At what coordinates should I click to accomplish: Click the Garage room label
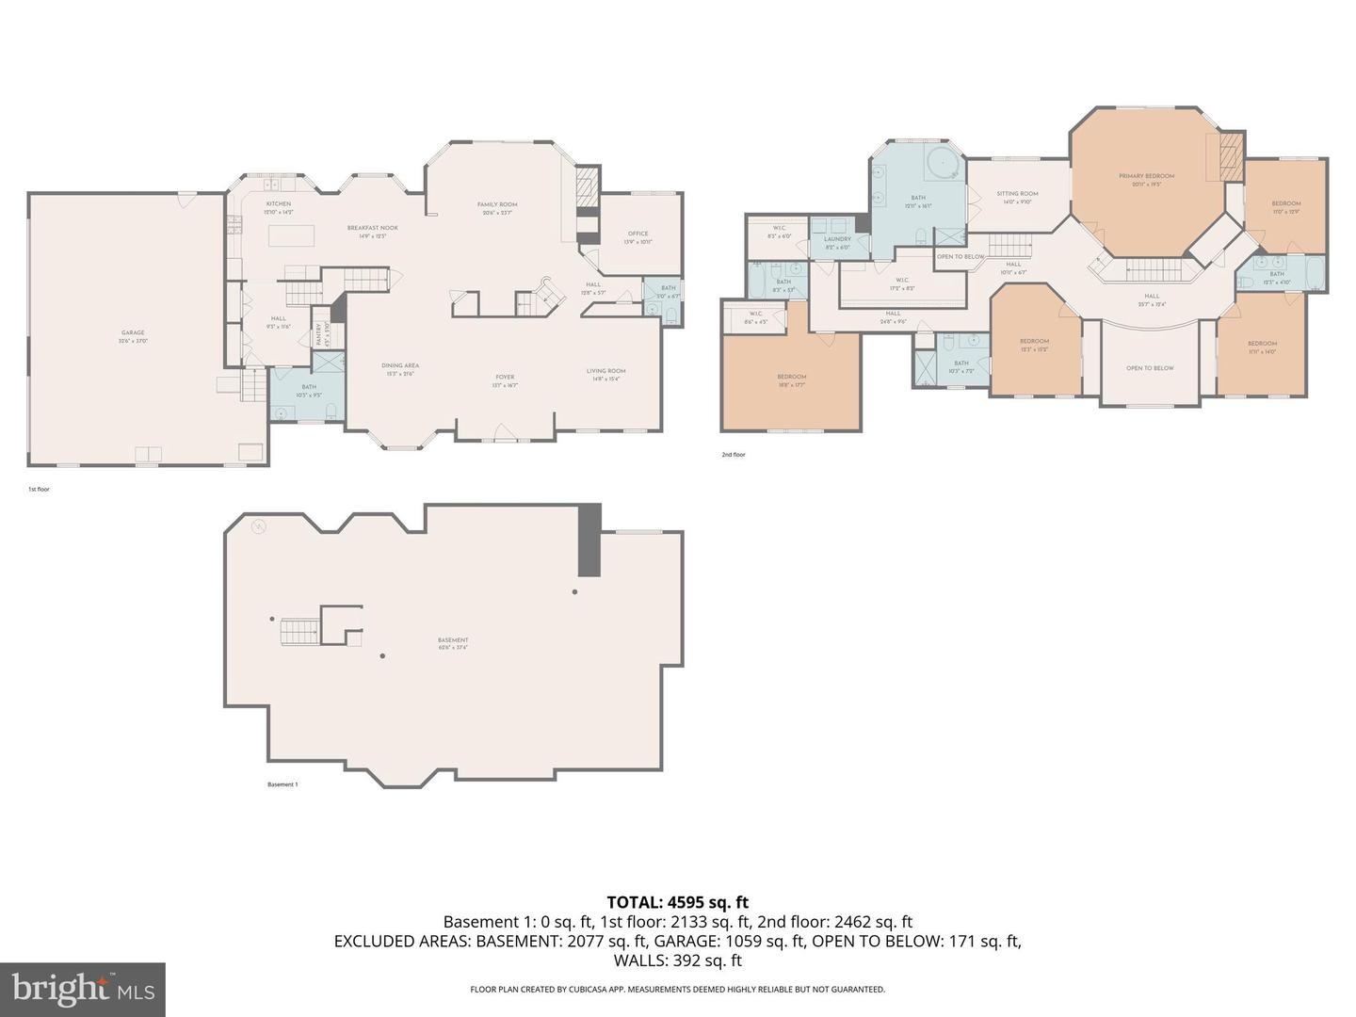point(133,332)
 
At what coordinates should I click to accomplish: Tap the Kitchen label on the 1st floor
point(278,204)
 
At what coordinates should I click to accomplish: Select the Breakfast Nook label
point(372,228)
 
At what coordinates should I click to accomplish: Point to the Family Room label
point(497,204)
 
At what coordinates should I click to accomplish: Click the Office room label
point(638,234)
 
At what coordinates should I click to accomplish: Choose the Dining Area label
point(399,365)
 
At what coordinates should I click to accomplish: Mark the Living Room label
point(605,371)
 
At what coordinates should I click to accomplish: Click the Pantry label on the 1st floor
point(319,332)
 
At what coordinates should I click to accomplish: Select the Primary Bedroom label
point(1146,176)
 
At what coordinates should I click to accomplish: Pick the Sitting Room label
point(1017,194)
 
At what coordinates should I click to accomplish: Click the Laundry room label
point(837,239)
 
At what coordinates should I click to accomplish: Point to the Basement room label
point(453,640)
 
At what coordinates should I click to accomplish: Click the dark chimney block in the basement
point(589,540)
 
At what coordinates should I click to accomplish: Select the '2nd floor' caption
point(733,455)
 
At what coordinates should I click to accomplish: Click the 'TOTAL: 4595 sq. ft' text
point(677,903)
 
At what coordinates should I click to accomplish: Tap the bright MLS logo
point(83,989)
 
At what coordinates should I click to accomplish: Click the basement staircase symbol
point(299,632)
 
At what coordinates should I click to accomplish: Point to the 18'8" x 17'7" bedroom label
point(791,377)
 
